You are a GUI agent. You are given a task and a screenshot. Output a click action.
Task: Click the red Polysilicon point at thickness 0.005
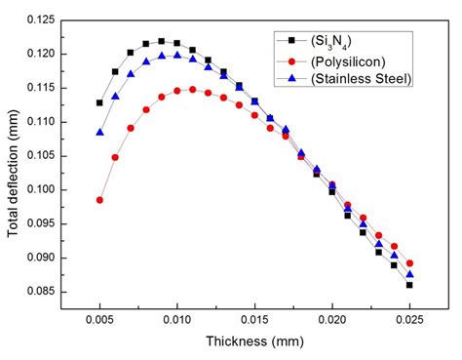99,200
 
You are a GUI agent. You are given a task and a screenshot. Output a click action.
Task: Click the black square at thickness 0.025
409,285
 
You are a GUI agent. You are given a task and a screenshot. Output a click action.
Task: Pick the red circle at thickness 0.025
409,263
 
